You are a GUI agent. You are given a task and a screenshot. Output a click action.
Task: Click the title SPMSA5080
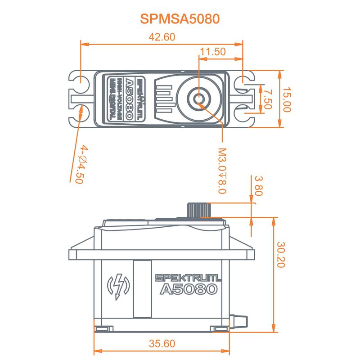click(x=180, y=19)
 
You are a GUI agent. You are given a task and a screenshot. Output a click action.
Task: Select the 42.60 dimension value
click(x=161, y=38)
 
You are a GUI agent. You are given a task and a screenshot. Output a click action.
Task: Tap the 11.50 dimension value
click(x=213, y=52)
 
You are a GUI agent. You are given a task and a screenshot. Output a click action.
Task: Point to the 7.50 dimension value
click(x=268, y=99)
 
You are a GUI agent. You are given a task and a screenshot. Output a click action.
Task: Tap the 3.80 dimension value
click(x=258, y=185)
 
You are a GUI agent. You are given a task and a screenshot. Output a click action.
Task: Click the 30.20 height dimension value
click(x=281, y=255)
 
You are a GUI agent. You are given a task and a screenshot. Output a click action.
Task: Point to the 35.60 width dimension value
click(x=161, y=344)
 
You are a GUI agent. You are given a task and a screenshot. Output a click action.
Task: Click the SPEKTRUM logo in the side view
click(x=188, y=278)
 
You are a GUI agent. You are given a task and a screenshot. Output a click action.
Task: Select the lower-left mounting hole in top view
click(x=81, y=113)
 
